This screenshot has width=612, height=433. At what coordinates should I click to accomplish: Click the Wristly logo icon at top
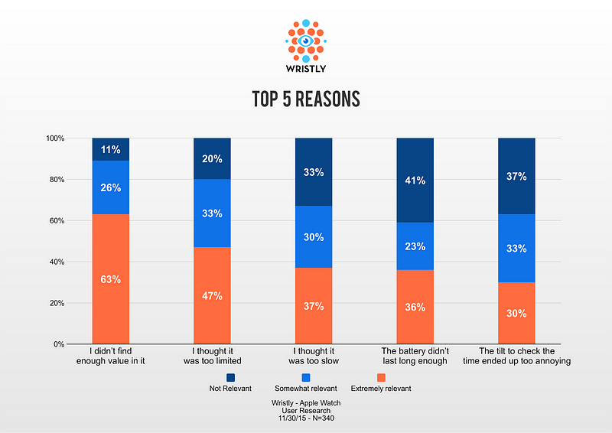(306, 40)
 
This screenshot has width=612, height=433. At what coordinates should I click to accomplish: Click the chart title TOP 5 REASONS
(306, 99)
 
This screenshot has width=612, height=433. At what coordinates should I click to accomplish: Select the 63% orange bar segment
(110, 278)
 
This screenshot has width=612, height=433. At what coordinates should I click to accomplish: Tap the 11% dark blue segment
(110, 149)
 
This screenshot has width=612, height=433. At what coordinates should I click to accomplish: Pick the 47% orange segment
(212, 295)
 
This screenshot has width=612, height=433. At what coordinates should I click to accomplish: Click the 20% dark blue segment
(212, 158)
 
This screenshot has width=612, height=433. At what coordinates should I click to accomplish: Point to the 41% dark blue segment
(415, 181)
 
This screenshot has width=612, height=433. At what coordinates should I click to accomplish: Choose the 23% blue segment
(415, 246)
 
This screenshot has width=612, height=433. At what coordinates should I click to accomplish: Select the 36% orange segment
(415, 307)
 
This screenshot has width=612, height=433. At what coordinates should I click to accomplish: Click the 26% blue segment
(110, 187)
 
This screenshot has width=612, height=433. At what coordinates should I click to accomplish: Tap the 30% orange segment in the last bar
(516, 313)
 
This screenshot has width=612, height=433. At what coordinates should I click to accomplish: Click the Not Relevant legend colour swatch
(231, 376)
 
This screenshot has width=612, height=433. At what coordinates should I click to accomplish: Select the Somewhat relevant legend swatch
(306, 376)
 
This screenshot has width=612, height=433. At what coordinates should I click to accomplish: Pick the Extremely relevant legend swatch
(381, 376)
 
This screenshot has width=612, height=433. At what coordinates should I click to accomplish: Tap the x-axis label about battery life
(415, 356)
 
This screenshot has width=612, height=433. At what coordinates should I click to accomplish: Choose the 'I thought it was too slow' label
(314, 356)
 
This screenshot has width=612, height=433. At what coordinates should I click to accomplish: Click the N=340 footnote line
(306, 419)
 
